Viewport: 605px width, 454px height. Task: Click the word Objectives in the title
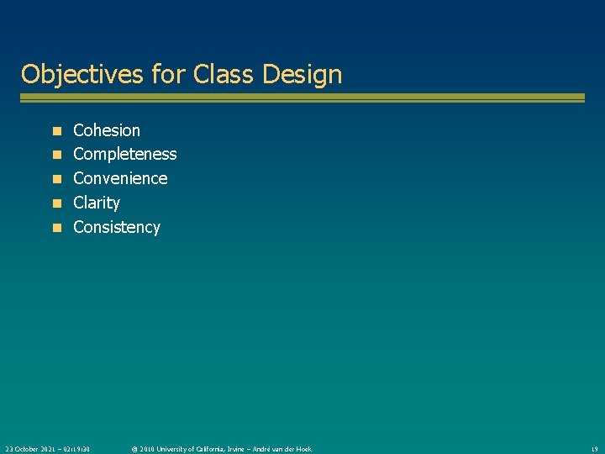pos(82,75)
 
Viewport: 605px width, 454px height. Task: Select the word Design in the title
pos(302,75)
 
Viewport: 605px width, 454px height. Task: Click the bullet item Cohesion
pos(107,130)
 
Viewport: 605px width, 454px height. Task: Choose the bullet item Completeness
pos(124,154)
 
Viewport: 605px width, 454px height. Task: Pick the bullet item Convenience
pos(120,178)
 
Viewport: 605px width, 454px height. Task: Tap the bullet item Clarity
pos(97,203)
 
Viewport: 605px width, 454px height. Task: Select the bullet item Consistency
pos(116,227)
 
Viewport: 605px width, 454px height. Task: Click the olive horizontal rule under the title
pos(302,98)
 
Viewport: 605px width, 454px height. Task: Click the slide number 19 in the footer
pos(593,449)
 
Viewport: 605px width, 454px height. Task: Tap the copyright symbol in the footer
pos(134,449)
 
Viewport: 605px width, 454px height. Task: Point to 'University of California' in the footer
pos(198,449)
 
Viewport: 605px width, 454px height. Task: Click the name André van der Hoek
pos(283,449)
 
